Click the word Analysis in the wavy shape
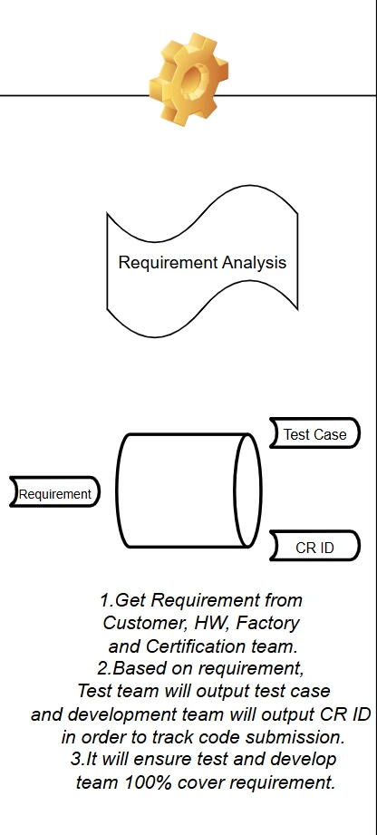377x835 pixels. coord(255,263)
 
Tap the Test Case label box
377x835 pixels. coord(314,434)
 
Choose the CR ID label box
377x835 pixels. coord(314,548)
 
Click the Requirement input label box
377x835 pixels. coord(54,494)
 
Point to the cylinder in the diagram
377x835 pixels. coord(181,490)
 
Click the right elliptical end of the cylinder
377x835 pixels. coord(248,490)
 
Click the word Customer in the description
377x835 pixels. coord(137,624)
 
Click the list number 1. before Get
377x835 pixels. coord(106,601)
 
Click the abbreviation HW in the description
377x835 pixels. coord(220,624)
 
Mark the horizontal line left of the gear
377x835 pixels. coord(72,94)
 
